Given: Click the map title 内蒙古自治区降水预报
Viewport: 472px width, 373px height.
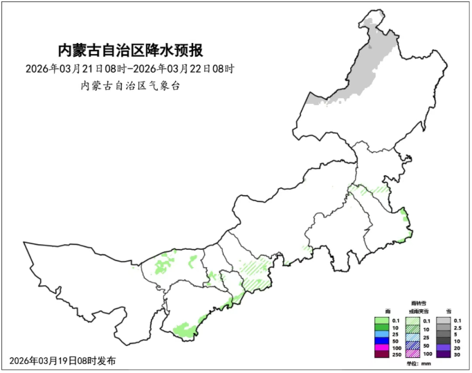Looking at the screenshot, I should (131, 51).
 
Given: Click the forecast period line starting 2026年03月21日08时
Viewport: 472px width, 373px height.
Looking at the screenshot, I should (131, 69).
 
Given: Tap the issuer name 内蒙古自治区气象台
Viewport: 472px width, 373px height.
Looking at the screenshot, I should (131, 86).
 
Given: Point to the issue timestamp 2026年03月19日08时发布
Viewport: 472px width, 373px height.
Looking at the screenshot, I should (63, 361).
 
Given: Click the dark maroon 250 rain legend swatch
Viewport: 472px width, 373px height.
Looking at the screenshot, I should (381, 354).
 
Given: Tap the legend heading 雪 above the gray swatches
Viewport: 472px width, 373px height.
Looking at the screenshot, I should (448, 312).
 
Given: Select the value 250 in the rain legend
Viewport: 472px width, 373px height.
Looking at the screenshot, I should (397, 354).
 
